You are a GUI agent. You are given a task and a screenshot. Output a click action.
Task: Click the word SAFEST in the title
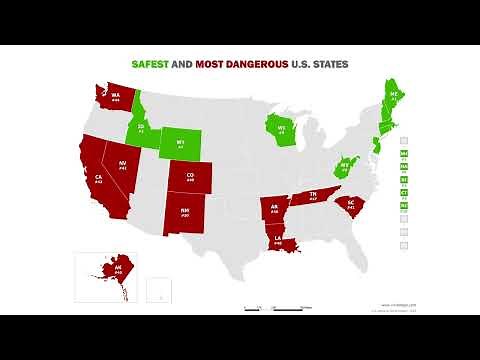[x=149, y=63]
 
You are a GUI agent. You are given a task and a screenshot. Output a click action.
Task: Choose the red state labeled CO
[x=189, y=179]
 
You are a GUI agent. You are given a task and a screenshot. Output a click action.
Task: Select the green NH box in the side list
[x=404, y=154]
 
